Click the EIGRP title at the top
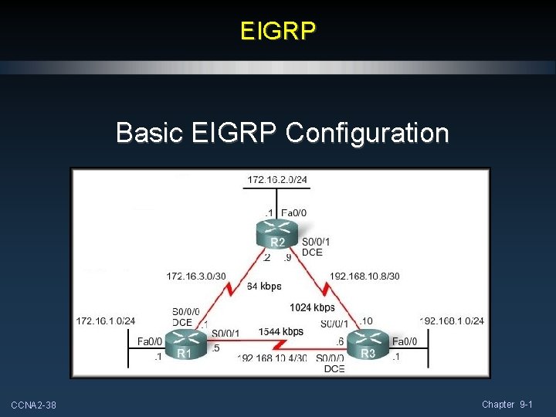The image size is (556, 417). click(x=278, y=31)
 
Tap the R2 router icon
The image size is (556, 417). click(x=277, y=231)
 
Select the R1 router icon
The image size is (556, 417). click(x=183, y=344)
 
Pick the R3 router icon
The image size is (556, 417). click(x=368, y=344)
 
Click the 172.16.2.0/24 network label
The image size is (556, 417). click(x=277, y=180)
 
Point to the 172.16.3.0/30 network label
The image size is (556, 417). click(x=196, y=276)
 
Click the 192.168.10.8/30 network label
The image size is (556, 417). click(x=364, y=276)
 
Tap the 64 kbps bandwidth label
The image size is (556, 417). click(x=264, y=287)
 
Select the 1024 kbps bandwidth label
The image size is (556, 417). click(x=312, y=307)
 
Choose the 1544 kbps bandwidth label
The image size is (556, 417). click(x=280, y=331)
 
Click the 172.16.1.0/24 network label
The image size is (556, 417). click(x=106, y=320)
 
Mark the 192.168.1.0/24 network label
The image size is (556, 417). click(x=452, y=320)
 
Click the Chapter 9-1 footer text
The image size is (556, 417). click(x=507, y=405)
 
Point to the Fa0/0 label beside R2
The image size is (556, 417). click(x=294, y=212)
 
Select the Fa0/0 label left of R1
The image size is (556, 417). click(x=149, y=341)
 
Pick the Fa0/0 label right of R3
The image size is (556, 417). click(x=404, y=341)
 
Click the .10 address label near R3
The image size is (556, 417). click(x=366, y=320)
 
